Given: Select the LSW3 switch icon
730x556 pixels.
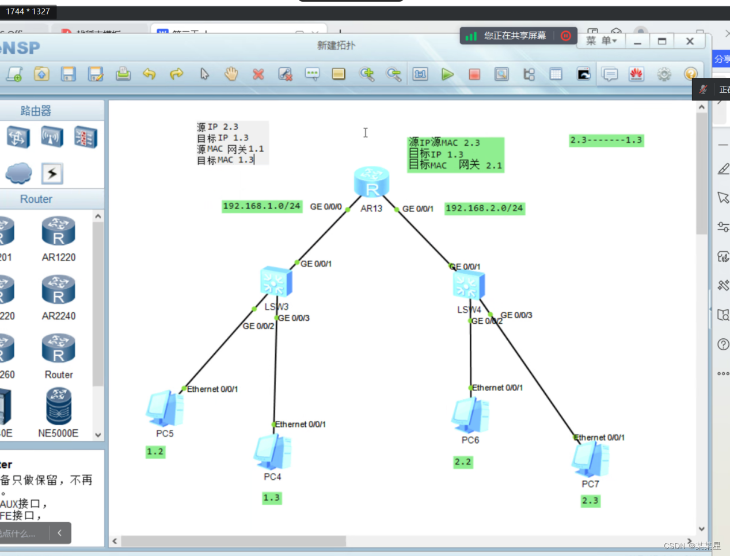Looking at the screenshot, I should pos(276,282).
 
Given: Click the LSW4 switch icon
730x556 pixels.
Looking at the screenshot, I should pos(469,285).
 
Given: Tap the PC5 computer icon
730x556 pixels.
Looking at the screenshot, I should pos(165,409).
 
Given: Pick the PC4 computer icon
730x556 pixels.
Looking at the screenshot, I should pos(273,452).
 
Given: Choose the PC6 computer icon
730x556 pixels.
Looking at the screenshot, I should pos(470,415).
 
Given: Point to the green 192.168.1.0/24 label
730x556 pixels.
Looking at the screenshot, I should pos(262,206).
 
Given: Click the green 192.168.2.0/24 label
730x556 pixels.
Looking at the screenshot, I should pos(484,209).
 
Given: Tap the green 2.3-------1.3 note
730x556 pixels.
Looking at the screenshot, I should pos(606,140).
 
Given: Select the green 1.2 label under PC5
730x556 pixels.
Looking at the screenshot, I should pos(155,452).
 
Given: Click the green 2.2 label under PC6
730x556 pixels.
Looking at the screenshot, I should pos(463,462).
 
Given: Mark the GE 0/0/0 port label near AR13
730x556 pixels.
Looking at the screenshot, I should pos(326,206).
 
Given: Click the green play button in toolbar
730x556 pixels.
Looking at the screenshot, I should pos(447,74).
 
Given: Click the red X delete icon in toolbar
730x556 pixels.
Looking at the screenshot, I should pos(258,74).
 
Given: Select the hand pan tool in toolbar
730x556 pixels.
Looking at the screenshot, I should pos(231,74).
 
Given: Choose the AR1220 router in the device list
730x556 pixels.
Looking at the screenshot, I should pos(59,232).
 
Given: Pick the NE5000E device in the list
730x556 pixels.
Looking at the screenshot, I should pos(59,407).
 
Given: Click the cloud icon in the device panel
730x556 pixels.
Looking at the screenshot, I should pos(18,173).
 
